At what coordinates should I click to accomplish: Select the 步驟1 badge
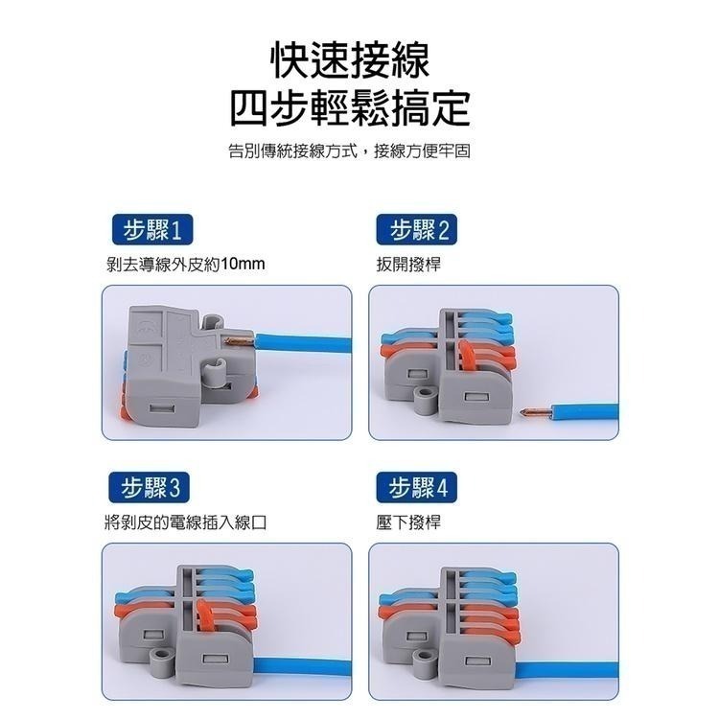[151, 231]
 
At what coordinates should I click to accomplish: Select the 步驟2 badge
[419, 231]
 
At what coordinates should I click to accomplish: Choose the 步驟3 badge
[151, 490]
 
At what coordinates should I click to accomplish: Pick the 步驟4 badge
[419, 490]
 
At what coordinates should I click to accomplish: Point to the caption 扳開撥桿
[409, 263]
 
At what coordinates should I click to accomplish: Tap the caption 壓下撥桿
[409, 522]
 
